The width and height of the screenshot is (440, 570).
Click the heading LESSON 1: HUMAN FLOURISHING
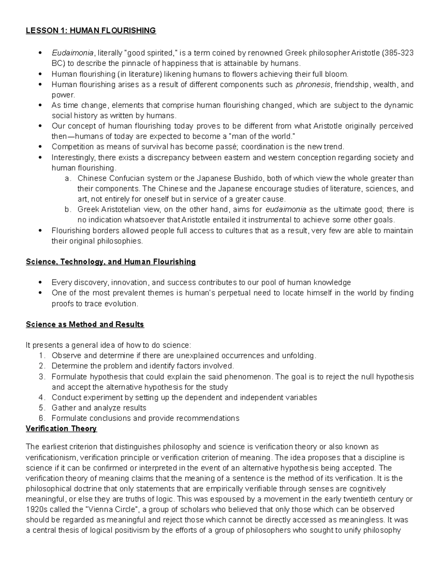pos(91,30)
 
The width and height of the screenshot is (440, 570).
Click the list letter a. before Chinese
pos(68,179)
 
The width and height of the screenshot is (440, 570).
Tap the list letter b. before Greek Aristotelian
pos(68,210)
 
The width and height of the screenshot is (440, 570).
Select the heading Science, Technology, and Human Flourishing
pos(111,262)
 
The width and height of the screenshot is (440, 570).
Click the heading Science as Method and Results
pos(85,325)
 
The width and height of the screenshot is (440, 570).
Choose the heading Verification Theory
pos(61,429)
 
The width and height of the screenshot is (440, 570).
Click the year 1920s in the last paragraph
pos(36,509)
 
